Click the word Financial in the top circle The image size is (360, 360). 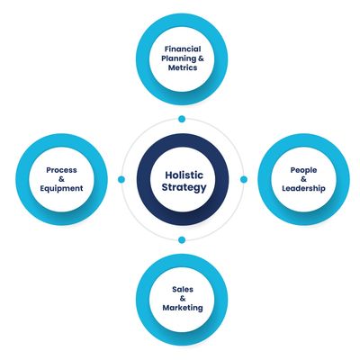point(183,49)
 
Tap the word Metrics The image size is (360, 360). point(183,67)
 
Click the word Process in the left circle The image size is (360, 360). point(61,170)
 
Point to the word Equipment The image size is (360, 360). point(61,189)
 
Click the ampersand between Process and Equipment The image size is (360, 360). point(61,179)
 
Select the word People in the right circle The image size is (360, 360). point(303,170)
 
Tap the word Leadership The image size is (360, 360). point(303,188)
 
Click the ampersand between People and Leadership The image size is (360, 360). point(303,179)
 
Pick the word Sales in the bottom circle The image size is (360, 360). point(183,290)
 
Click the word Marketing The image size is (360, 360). point(183,308)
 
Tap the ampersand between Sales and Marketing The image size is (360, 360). point(183,299)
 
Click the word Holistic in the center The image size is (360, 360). point(184,175)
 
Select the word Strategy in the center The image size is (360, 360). point(184,187)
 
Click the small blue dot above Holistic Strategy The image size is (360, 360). point(182,119)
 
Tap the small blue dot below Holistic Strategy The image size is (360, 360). point(182,239)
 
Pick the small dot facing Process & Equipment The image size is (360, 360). point(121,179)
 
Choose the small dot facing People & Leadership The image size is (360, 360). point(244,179)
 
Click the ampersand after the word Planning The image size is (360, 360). point(201,58)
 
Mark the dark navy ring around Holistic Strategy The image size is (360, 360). point(183,141)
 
